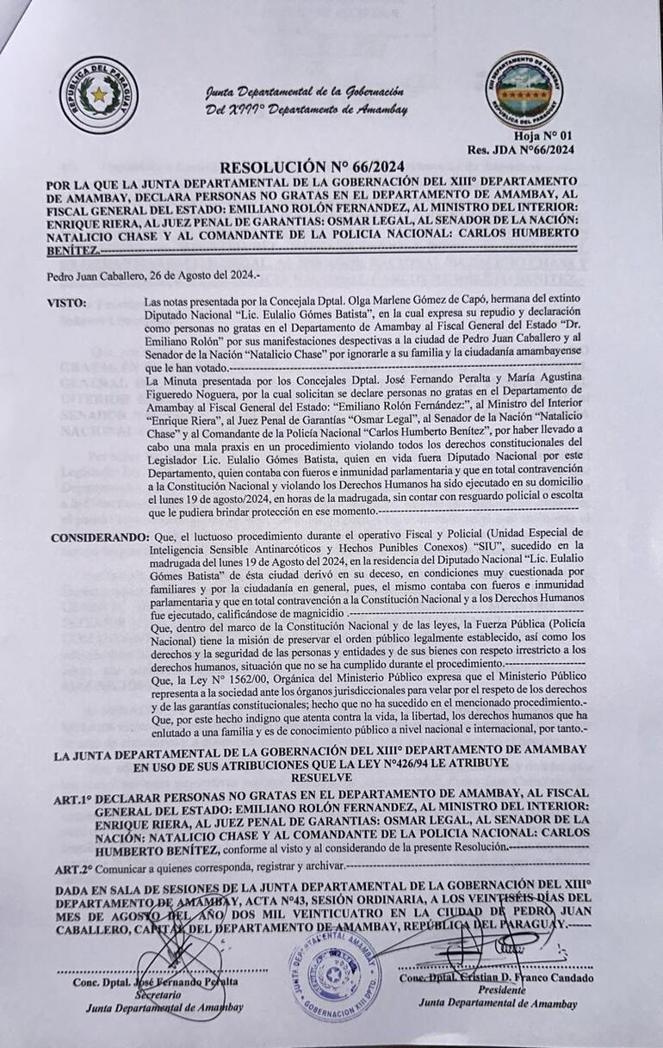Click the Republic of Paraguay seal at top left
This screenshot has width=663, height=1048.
pos(98,95)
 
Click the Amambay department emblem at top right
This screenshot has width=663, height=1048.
pos(524,90)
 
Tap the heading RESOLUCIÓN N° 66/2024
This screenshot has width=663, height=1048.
pos(312,166)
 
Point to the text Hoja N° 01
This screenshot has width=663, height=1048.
pos(542,136)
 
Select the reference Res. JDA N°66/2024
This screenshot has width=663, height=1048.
pos(520,149)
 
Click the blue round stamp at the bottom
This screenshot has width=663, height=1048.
pos(334,976)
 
